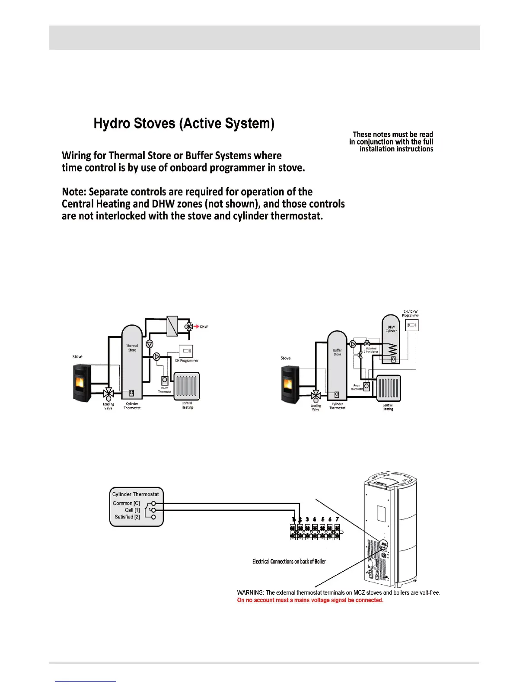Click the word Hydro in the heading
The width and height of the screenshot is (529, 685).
112,124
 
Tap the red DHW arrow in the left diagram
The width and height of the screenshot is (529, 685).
196,326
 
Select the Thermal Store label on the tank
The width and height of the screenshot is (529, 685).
132,348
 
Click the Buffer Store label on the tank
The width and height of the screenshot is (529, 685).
337,352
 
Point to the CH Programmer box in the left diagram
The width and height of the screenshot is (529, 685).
186,351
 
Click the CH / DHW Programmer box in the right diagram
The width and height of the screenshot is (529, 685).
411,325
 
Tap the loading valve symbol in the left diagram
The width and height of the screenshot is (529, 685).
108,394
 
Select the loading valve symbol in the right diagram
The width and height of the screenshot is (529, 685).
316,395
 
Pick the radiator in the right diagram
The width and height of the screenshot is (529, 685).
389,388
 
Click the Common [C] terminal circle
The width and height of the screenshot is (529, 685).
153,503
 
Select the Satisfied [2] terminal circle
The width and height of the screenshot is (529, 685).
153,517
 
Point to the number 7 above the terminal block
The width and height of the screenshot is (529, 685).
337,519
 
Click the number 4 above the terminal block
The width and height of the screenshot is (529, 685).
314,519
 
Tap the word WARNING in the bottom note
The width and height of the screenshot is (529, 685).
250,592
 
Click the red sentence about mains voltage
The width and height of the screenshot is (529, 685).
310,600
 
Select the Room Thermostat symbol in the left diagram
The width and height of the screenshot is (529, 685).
165,380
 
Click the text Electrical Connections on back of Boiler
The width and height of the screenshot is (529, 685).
289,561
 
